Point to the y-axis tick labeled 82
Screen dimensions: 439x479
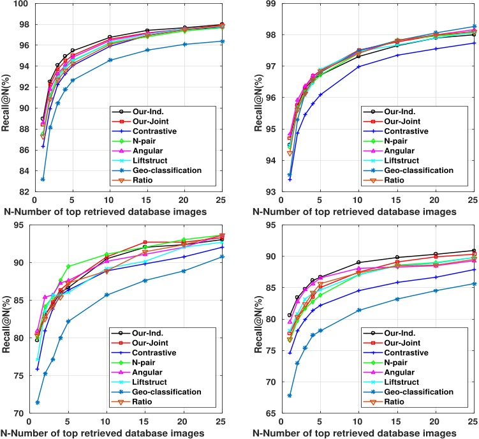click(x=17, y=192)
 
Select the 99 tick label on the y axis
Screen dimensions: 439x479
click(x=269, y=4)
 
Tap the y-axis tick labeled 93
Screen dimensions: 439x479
click(x=269, y=192)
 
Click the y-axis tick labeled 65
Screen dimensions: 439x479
click(x=269, y=413)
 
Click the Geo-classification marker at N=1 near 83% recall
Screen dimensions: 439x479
click(x=43, y=179)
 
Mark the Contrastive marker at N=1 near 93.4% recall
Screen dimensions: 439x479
click(x=290, y=179)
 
